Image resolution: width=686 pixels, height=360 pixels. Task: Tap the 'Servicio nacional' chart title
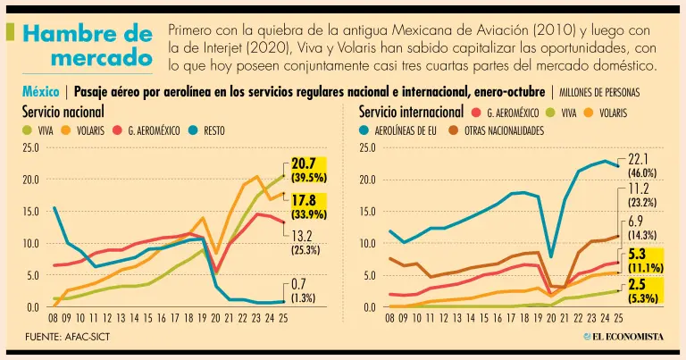pos(63,113)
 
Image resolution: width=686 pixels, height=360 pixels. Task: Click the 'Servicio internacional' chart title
pos(411,113)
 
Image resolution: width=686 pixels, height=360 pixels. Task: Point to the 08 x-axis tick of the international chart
pos(390,316)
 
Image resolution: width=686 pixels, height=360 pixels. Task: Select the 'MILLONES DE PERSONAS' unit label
pos(599,92)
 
